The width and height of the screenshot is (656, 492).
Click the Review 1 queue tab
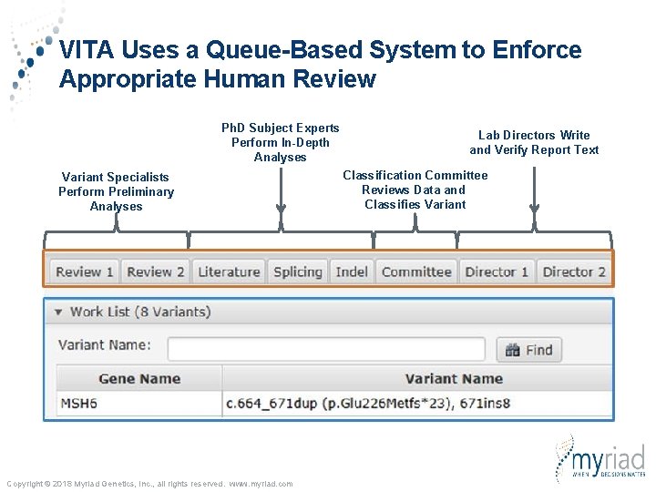point(84,272)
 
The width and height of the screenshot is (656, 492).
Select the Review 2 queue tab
point(156,272)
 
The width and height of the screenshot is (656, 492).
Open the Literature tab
point(229,272)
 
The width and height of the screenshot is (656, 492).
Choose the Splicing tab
point(298,272)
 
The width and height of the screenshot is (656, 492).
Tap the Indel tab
point(352,272)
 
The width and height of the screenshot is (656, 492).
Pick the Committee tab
point(416,272)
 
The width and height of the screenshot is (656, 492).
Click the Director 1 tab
point(497,272)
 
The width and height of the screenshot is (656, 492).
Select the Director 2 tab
point(574,272)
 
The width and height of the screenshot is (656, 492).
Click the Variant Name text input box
point(326,349)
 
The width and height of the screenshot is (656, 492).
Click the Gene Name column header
point(139,379)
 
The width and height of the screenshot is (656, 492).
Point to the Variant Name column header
point(453,379)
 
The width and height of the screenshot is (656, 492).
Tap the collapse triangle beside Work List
point(58,312)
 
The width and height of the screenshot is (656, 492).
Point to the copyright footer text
point(149,484)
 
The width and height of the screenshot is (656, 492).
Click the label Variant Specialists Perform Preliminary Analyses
point(116,191)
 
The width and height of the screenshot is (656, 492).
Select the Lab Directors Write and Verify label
point(534,142)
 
